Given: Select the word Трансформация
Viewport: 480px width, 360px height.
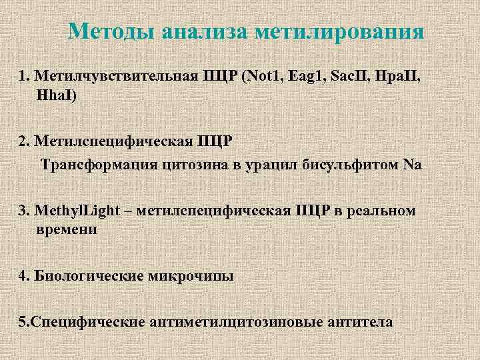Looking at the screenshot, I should click(x=98, y=164).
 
